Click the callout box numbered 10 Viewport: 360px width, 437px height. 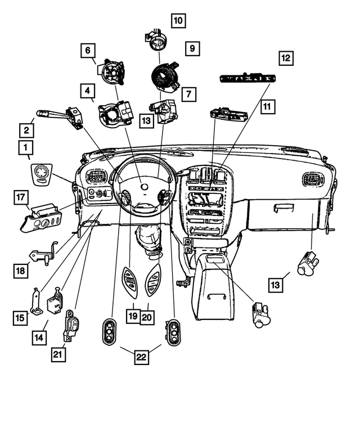pyautogui.click(x=178, y=21)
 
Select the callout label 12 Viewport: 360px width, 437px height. pyautogui.click(x=287, y=57)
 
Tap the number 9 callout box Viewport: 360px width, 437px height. pyautogui.click(x=192, y=49)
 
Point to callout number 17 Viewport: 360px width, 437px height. pyautogui.click(x=21, y=197)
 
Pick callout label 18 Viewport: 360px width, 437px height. pyautogui.click(x=21, y=271)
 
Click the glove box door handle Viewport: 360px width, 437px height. pyautogui.click(x=283, y=209)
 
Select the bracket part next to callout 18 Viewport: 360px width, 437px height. pyautogui.click(x=45, y=253)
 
